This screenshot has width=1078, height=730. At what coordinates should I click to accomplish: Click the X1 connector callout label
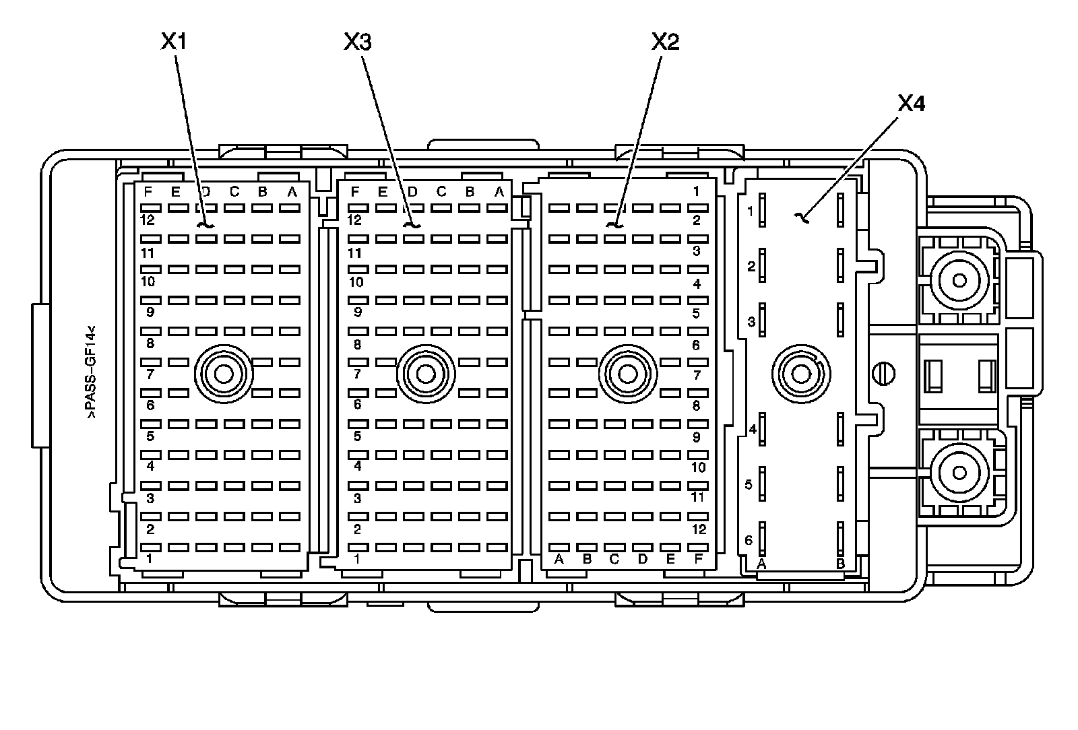[173, 42]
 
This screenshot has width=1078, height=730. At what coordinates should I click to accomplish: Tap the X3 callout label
[358, 42]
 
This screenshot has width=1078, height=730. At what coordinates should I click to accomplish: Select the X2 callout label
[665, 42]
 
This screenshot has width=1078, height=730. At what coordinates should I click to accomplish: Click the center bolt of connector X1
[223, 372]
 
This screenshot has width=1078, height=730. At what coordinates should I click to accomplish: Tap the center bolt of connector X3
[426, 372]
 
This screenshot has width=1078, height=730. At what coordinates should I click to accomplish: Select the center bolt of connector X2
[628, 372]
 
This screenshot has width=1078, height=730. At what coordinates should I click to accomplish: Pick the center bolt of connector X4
[800, 372]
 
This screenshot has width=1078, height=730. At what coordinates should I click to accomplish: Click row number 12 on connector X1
[148, 220]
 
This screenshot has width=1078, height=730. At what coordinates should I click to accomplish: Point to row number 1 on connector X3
[356, 559]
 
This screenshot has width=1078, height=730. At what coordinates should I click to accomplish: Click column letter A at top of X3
[499, 192]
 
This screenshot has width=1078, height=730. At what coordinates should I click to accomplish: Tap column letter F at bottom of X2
[699, 559]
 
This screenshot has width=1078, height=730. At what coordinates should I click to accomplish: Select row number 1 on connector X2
[697, 191]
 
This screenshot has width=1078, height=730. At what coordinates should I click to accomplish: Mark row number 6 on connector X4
[749, 540]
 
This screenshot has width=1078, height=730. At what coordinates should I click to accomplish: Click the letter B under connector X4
[840, 564]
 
